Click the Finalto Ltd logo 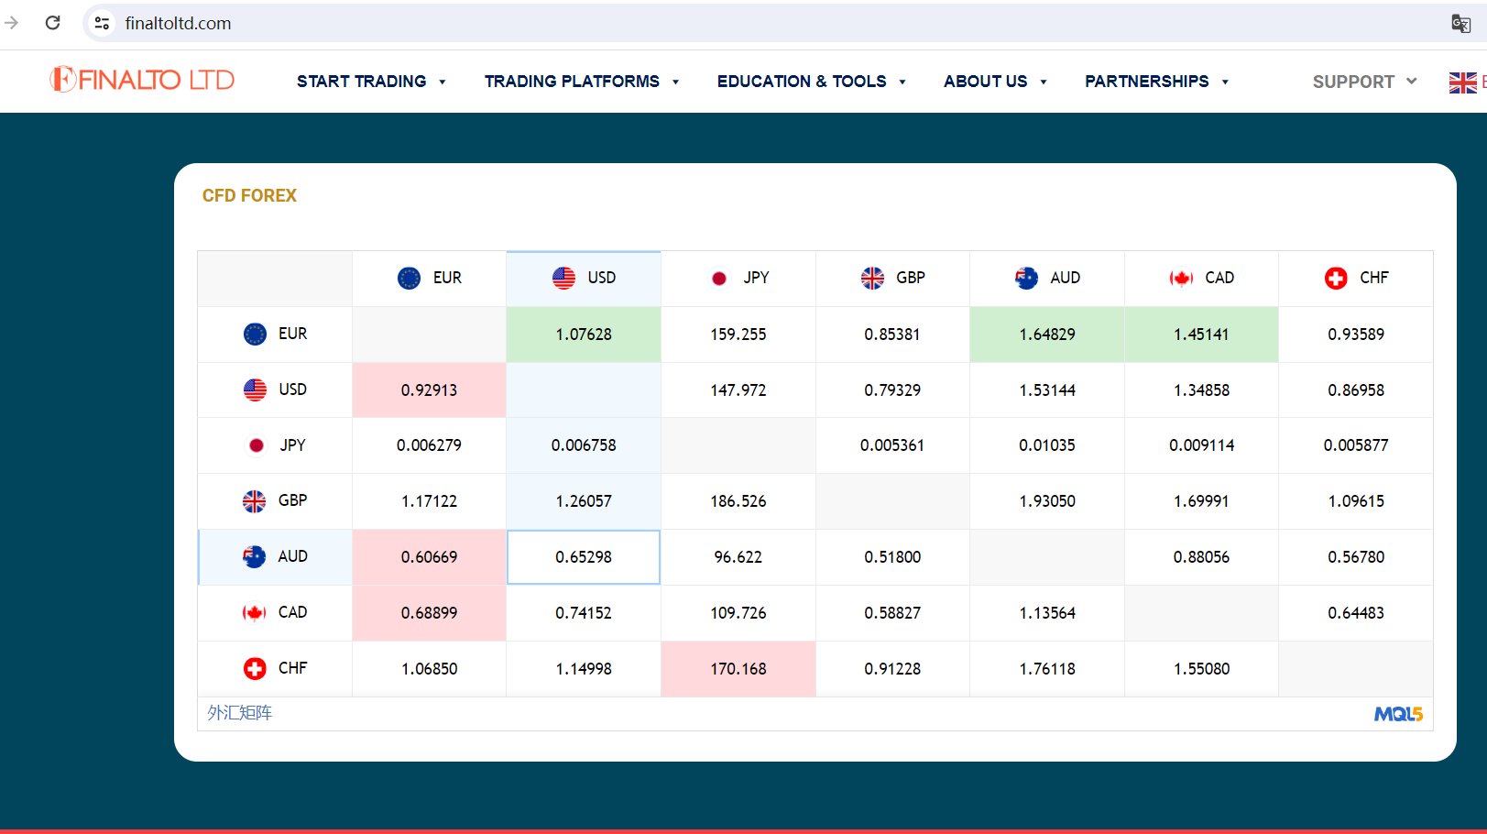coord(142,80)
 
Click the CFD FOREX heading coord(249,195)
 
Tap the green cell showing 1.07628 coord(584,335)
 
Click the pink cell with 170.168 coord(738,669)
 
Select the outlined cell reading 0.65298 coord(584,557)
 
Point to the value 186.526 coord(738,501)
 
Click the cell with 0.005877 coord(1356,445)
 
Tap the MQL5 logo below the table coord(1398,714)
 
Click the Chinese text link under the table coord(239,713)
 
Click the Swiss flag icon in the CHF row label coord(255,669)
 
